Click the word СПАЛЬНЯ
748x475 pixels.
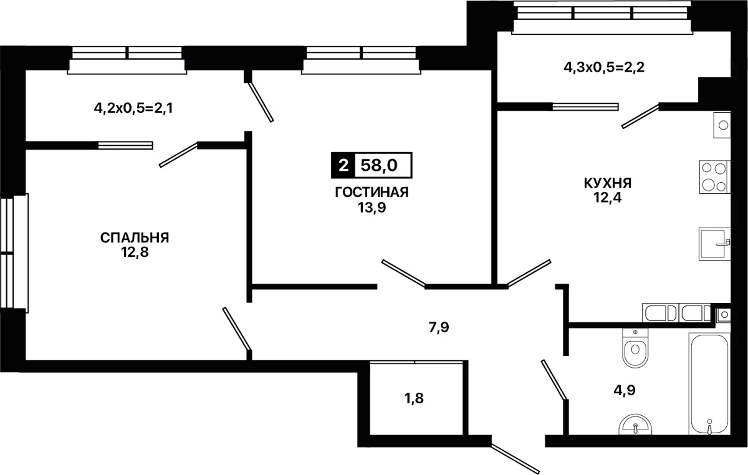coord(135,238)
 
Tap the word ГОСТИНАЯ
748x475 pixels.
coord(372,193)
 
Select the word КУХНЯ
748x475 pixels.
coord(608,183)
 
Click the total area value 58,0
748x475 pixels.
coord(379,165)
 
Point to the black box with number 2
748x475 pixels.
coord(343,165)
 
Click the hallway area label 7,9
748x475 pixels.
coord(439,328)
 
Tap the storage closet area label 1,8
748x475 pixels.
coord(414,398)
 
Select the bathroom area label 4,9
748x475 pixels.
coord(625,390)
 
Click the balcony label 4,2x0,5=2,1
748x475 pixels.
coord(133,108)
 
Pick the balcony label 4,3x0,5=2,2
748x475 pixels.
coord(604,67)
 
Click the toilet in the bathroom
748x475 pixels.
coord(635,348)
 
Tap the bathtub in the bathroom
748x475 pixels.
coord(709,385)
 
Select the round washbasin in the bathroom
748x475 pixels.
coord(635,425)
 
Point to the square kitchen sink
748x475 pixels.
coord(714,244)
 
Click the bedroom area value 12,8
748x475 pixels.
coord(135,252)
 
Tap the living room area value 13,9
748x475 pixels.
coord(372,208)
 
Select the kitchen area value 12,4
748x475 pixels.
coord(608,198)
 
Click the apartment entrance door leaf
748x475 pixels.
coord(515,459)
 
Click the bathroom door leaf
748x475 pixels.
coord(554,380)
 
